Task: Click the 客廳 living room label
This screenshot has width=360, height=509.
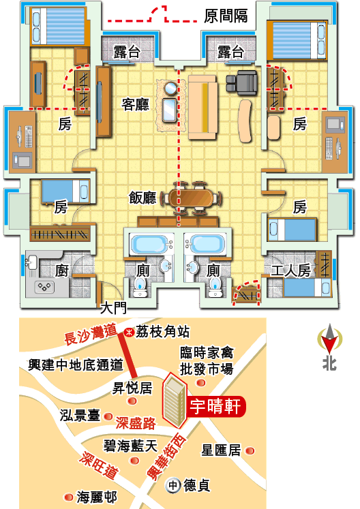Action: [x=136, y=104]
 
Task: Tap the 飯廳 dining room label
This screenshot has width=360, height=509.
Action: [x=142, y=198]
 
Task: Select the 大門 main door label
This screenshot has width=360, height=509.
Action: [x=113, y=308]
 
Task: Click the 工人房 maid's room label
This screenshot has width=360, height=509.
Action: [x=290, y=271]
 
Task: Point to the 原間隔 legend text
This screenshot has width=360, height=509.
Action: [x=226, y=16]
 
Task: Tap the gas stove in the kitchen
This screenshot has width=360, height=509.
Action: [x=44, y=287]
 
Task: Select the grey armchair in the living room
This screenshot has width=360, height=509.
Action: [x=242, y=82]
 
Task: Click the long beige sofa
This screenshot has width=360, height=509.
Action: [x=202, y=108]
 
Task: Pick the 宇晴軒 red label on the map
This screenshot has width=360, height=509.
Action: [x=215, y=406]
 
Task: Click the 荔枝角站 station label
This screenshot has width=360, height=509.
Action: [x=162, y=332]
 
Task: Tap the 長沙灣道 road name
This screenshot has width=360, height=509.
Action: [x=90, y=335]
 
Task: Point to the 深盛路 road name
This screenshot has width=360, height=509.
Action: [x=136, y=422]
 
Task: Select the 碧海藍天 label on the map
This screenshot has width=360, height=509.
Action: [x=130, y=446]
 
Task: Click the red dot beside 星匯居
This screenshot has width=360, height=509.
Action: [x=250, y=451]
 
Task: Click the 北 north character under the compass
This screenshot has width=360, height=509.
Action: [x=329, y=364]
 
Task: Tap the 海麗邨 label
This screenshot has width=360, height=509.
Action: [x=97, y=497]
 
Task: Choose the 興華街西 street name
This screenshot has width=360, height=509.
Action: [x=166, y=458]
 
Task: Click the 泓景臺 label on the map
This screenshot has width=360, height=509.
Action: [x=80, y=415]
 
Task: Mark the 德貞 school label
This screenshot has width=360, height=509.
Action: [x=196, y=486]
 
